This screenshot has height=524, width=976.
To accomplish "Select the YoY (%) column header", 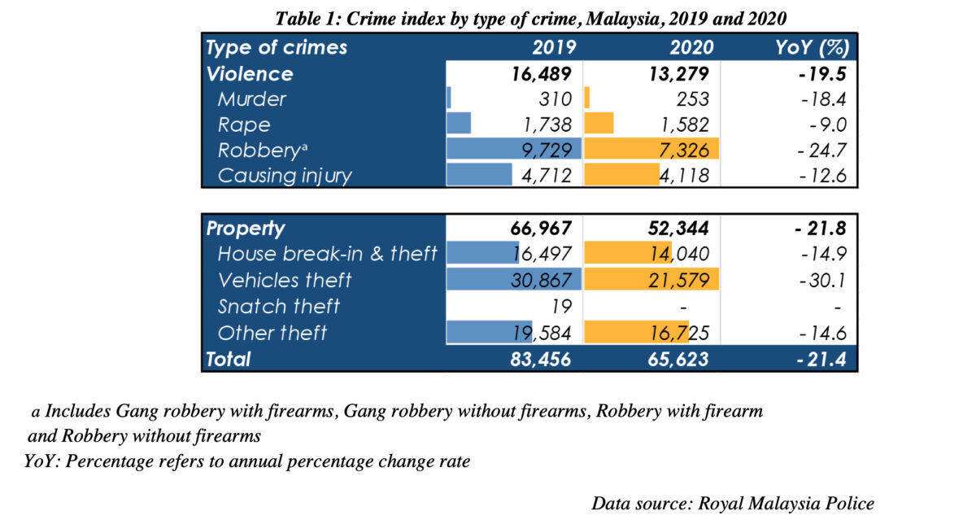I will pos(813,47).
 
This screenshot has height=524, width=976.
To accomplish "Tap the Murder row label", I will pos(252,99).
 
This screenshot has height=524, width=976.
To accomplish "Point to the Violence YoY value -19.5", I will pos(818,73).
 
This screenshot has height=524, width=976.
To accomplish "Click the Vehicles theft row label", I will pos(285,280).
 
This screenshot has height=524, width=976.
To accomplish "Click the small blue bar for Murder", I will pos(449,99).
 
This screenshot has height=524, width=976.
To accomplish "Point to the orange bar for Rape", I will pos(599,125).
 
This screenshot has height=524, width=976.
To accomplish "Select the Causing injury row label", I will pos(285,176).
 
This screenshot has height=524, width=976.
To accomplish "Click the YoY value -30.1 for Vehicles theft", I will pos(820,280).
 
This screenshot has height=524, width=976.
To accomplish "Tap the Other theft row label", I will pos(272,332).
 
